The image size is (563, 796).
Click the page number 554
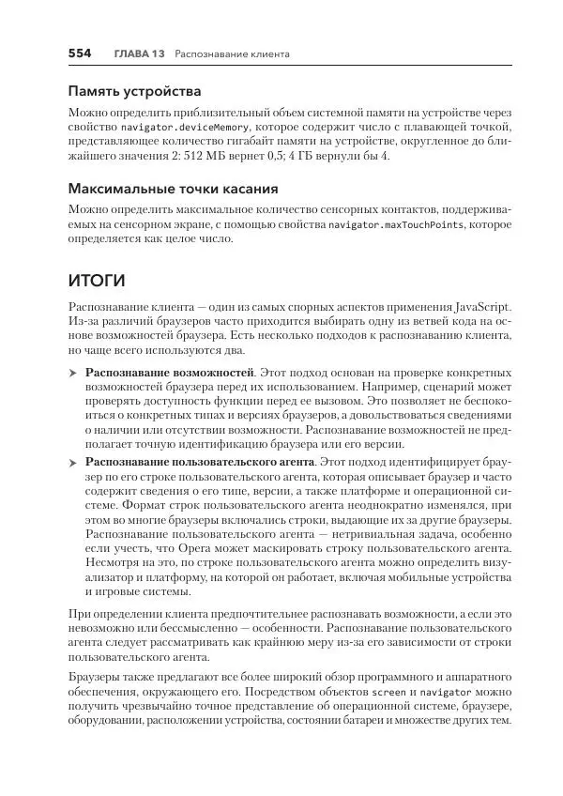click(79, 54)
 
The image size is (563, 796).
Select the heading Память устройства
click(134, 92)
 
